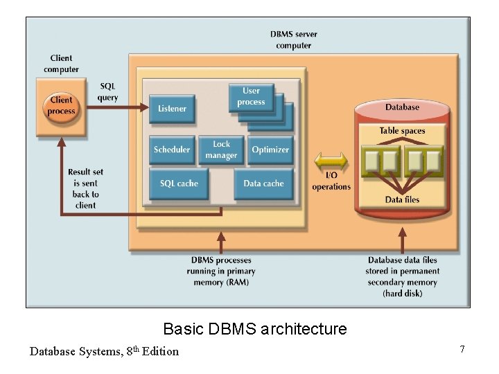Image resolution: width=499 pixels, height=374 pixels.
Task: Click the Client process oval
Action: [61, 106]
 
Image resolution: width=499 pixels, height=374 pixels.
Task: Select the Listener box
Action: [172, 109]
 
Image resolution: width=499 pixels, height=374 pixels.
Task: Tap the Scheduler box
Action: [171, 150]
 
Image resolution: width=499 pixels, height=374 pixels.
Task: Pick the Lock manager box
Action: [221, 150]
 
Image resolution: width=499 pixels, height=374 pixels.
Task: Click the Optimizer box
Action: [270, 150]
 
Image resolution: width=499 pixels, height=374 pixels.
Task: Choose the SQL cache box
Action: [179, 184]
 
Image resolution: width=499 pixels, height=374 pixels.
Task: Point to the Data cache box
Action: [263, 184]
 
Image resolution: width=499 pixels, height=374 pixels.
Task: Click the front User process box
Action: [251, 97]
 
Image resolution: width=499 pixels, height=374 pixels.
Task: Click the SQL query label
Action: [107, 92]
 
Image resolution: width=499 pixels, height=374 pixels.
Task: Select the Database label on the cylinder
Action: [402, 107]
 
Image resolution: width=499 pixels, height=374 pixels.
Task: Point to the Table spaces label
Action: [402, 131]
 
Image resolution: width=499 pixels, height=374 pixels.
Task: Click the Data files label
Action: [402, 200]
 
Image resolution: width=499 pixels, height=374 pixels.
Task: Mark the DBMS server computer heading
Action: [293, 40]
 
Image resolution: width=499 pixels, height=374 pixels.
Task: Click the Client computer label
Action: [61, 64]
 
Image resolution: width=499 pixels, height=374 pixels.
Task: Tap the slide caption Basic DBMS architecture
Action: [254, 329]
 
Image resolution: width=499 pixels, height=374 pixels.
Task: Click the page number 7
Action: [462, 349]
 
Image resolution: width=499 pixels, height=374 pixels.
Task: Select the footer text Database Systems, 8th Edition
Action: [104, 351]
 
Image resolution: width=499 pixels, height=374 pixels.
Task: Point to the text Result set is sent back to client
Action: [85, 188]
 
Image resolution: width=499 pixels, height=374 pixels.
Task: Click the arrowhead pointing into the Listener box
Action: [144, 107]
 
